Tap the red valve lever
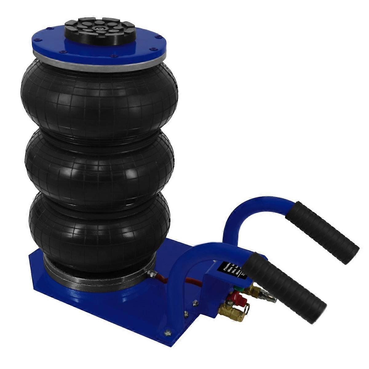237,297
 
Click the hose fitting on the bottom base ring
151,273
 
